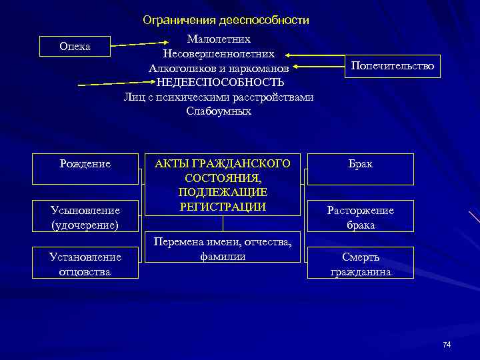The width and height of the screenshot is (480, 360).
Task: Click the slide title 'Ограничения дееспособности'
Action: pyautogui.click(x=226, y=21)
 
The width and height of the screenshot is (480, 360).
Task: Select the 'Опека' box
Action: pyautogui.click(x=75, y=47)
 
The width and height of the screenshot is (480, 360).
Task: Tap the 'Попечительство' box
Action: pyautogui.click(x=392, y=66)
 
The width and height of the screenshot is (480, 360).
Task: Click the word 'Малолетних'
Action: pyautogui.click(x=219, y=39)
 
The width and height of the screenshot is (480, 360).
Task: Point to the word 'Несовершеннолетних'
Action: pyautogui.click(x=219, y=53)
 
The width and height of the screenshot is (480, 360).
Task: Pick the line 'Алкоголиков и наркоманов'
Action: pyautogui.click(x=219, y=68)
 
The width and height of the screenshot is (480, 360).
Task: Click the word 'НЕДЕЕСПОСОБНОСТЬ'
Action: pyautogui.click(x=220, y=83)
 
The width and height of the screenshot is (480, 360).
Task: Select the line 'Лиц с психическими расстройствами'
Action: pyautogui.click(x=219, y=97)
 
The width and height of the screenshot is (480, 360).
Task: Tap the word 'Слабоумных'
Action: pyautogui.click(x=219, y=111)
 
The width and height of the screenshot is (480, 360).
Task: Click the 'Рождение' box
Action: pyautogui.click(x=85, y=164)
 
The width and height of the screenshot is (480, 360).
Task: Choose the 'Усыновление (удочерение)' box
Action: pyautogui.click(x=85, y=217)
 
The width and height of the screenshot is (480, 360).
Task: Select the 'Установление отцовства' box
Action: pyautogui.click(x=85, y=264)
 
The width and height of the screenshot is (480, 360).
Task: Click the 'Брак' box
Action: pyautogui.click(x=360, y=164)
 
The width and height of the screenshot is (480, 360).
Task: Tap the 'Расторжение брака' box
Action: pyautogui.click(x=360, y=217)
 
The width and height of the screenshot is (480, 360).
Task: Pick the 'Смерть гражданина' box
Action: pyautogui.click(x=360, y=264)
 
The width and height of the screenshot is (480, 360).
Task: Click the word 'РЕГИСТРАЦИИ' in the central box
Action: pyautogui.click(x=223, y=207)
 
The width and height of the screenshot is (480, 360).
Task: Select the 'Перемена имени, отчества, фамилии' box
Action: pyautogui.click(x=223, y=248)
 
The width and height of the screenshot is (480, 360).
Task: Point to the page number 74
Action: pyautogui.click(x=447, y=344)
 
